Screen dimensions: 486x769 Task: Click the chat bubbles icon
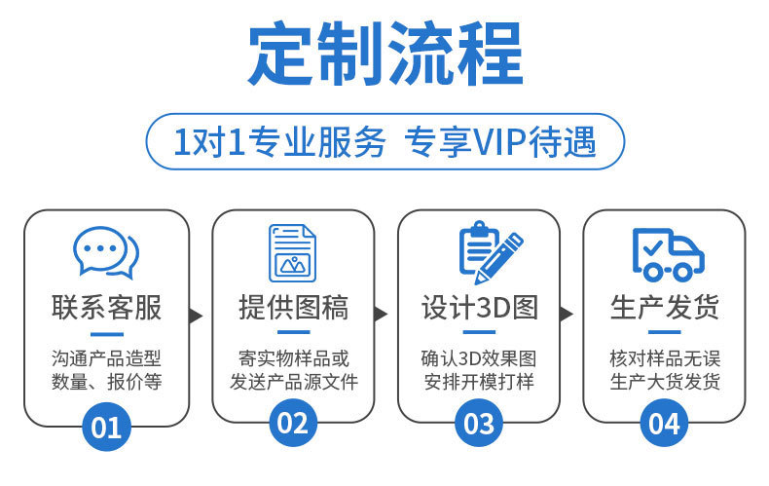[x=106, y=252]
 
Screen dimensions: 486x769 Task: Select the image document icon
[x=293, y=253]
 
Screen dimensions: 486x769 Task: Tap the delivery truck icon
[x=667, y=252]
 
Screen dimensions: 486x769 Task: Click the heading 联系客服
[x=106, y=309]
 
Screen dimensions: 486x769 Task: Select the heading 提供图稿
[x=293, y=309]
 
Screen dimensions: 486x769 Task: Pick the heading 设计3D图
[x=479, y=309]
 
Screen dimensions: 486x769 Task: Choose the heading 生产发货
[x=665, y=309]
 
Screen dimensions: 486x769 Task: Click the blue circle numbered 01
[x=106, y=425]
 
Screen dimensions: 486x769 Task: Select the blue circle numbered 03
[x=479, y=425]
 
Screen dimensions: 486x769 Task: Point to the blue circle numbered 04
[x=665, y=425]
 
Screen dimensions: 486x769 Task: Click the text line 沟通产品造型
[x=106, y=357]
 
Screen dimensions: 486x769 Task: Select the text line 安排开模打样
[x=479, y=382]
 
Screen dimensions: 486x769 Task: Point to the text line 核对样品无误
[x=665, y=357]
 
